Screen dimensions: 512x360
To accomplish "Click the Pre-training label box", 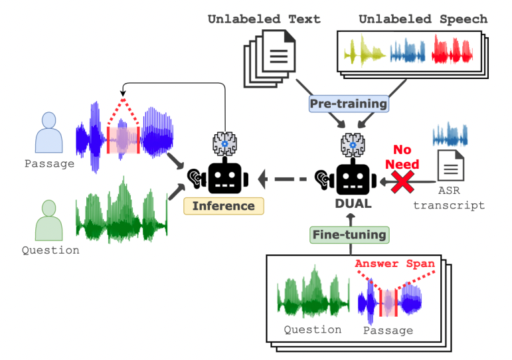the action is (349, 104).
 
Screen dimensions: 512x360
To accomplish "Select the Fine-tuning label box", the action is (349, 235).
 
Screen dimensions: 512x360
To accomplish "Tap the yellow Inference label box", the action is (224, 206).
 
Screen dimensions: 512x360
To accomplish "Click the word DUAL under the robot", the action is (353, 203).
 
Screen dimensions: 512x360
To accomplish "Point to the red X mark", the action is (402, 181).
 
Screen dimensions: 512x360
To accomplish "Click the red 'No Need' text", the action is (402, 157).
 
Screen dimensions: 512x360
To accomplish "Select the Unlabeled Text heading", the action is (264, 19).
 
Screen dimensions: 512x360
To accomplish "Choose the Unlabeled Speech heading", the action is (423, 19).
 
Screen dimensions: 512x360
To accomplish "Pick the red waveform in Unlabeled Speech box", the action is (452, 50).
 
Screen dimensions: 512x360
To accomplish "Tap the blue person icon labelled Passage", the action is (48, 133).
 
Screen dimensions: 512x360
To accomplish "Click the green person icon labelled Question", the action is (48, 220).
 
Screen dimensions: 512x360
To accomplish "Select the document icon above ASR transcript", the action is (451, 165).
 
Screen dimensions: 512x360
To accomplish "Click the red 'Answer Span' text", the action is (394, 264).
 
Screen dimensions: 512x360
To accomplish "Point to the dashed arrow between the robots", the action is (282, 179).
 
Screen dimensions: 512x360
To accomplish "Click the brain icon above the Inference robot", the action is (224, 143).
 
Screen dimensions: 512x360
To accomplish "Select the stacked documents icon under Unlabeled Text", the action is (270, 59).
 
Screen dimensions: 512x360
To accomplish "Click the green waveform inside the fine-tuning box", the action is (313, 293).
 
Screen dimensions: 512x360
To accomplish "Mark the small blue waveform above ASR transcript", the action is (450, 135).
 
